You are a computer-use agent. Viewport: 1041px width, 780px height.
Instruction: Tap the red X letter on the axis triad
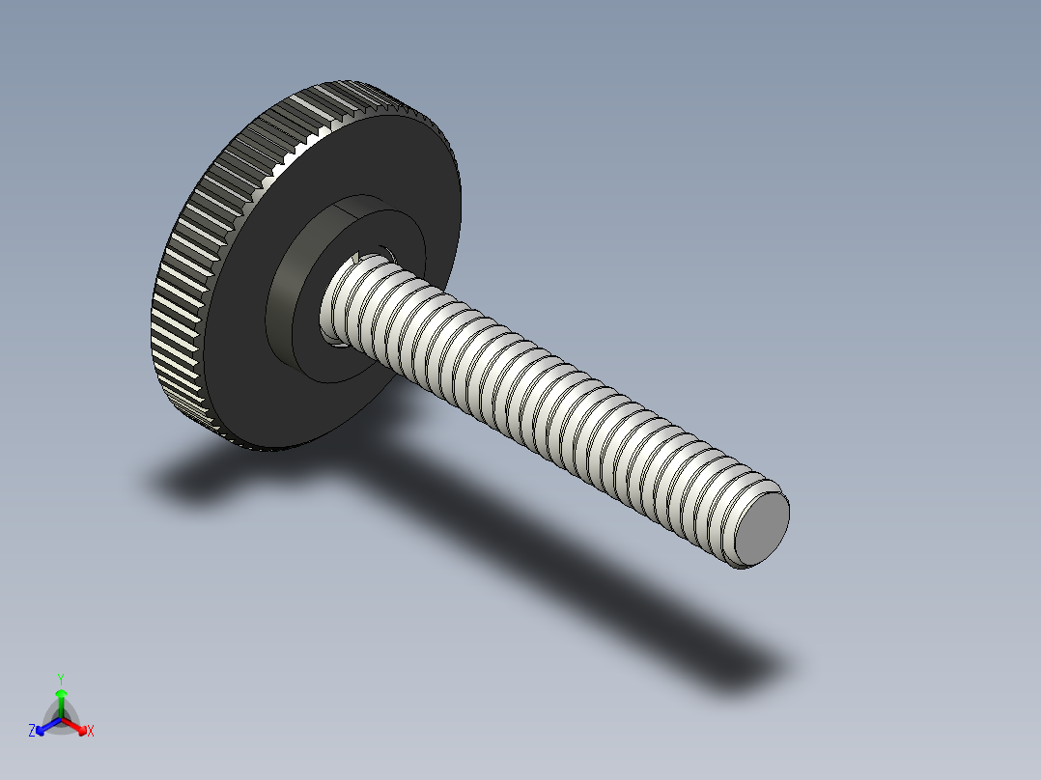[x=91, y=732]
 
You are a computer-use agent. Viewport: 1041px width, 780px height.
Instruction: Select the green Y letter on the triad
[x=60, y=679]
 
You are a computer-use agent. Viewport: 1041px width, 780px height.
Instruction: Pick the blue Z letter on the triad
[x=32, y=732]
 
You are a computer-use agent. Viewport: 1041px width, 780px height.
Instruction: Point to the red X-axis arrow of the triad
[x=79, y=727]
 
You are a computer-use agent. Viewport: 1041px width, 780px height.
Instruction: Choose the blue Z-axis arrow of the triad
[x=43, y=727]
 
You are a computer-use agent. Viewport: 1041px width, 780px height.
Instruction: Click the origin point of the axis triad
[x=61, y=718]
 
